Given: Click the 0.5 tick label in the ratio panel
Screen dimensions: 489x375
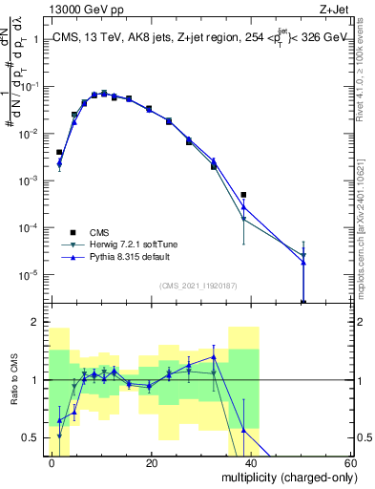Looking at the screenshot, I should [31, 437].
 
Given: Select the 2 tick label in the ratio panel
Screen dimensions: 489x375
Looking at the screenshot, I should [35, 323].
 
